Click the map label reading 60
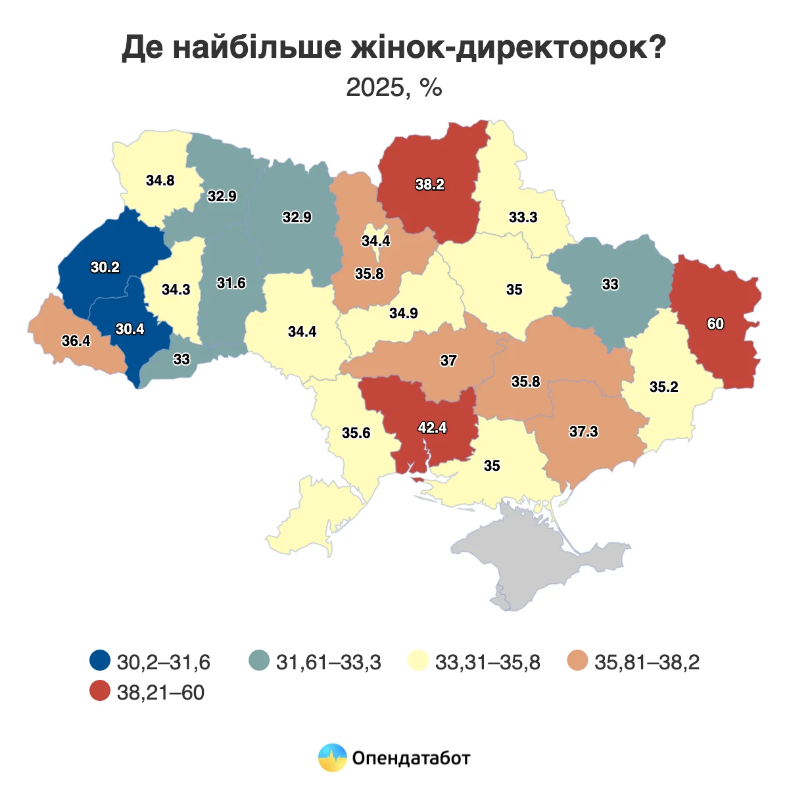coord(715,323)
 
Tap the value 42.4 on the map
coord(432,427)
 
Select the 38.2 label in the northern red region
coord(429,185)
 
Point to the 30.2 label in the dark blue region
coord(105,268)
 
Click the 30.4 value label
coord(130,329)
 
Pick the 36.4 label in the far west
coord(76,341)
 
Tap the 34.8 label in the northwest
coord(160,180)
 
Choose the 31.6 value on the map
coord(231,283)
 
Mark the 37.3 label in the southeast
coord(583,431)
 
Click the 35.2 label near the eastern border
coord(663,387)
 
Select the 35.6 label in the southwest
coord(356,433)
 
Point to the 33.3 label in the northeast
coord(523,218)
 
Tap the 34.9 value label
coord(403,314)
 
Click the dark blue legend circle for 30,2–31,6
coord(100,661)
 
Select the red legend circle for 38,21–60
coord(100,692)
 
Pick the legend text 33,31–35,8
coord(487,662)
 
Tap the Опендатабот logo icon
coord(332,757)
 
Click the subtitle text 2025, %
coord(394,87)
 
